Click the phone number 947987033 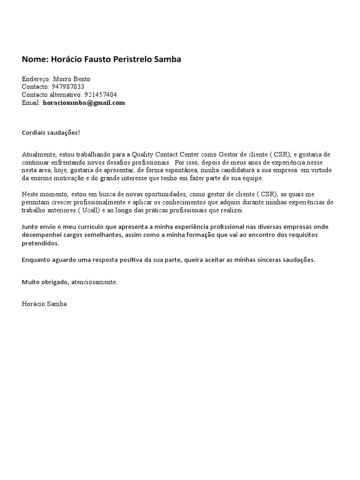[68, 87]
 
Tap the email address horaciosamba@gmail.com [84, 103]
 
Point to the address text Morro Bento [72, 79]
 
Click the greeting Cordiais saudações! [51, 133]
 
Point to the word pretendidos [40, 244]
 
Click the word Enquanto [37, 260]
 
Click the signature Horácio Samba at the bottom [44, 304]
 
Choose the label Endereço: [36, 79]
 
